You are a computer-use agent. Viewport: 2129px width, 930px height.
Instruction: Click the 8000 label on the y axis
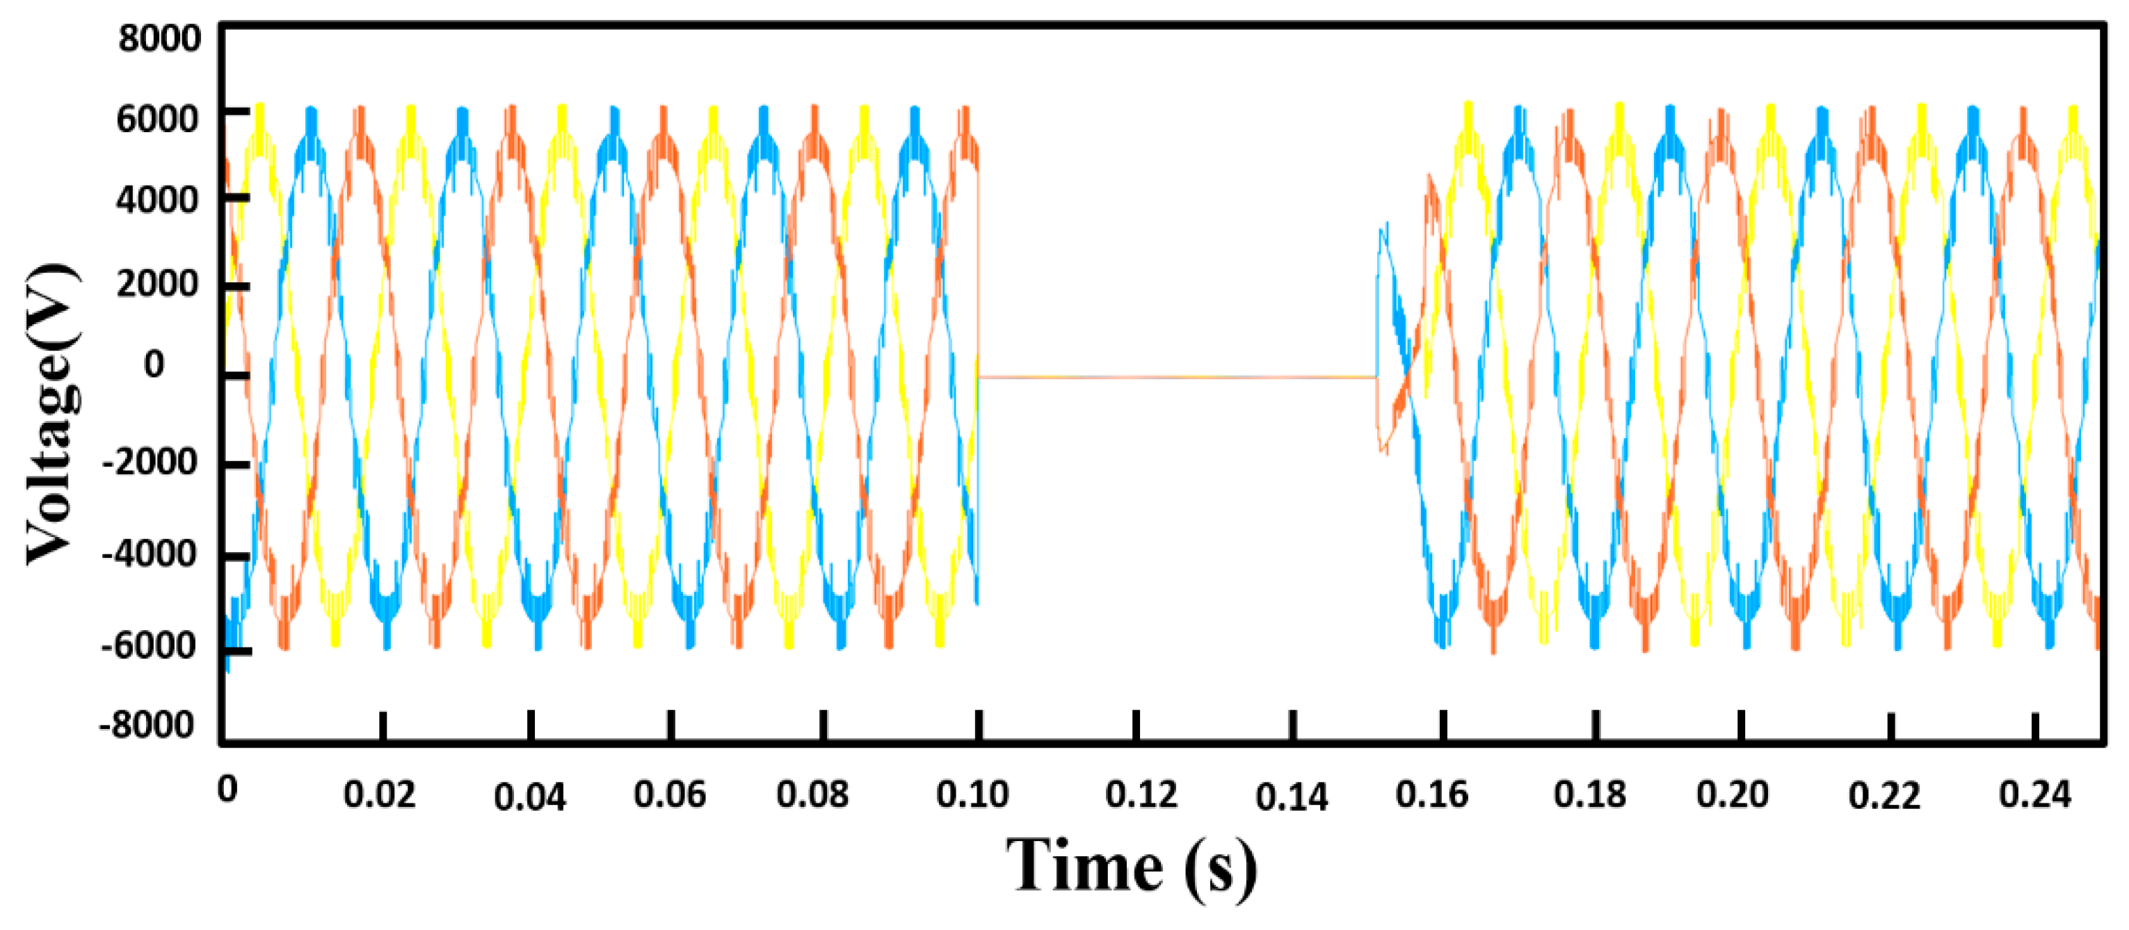click(x=159, y=39)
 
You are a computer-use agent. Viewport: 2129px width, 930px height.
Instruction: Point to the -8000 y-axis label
click(x=147, y=725)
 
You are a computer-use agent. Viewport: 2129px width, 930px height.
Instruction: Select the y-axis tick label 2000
click(x=157, y=284)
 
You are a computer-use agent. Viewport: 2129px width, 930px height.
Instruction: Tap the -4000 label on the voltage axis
click(x=149, y=554)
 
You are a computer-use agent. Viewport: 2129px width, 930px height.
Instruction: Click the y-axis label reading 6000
click(x=157, y=119)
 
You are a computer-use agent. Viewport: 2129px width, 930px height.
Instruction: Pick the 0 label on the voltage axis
click(x=154, y=364)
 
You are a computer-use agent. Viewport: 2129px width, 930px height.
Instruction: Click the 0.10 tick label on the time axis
click(x=972, y=794)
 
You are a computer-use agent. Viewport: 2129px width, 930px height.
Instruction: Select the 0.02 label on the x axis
click(x=378, y=794)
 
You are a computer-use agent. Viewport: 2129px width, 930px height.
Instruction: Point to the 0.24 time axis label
click(x=2035, y=794)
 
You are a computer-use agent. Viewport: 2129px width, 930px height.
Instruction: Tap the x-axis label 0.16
click(x=1431, y=794)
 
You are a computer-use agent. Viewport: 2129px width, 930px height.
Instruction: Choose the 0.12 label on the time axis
click(x=1141, y=794)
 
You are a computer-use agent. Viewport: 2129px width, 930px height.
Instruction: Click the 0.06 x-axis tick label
click(x=670, y=794)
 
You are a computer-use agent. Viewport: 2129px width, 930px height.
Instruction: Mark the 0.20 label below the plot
click(x=1733, y=794)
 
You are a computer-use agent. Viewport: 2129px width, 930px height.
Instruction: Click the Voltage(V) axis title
click(x=51, y=413)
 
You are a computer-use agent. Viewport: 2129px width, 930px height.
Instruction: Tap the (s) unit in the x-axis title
click(x=1220, y=868)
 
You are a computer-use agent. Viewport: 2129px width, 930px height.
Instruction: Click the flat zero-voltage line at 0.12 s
click(x=1137, y=377)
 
